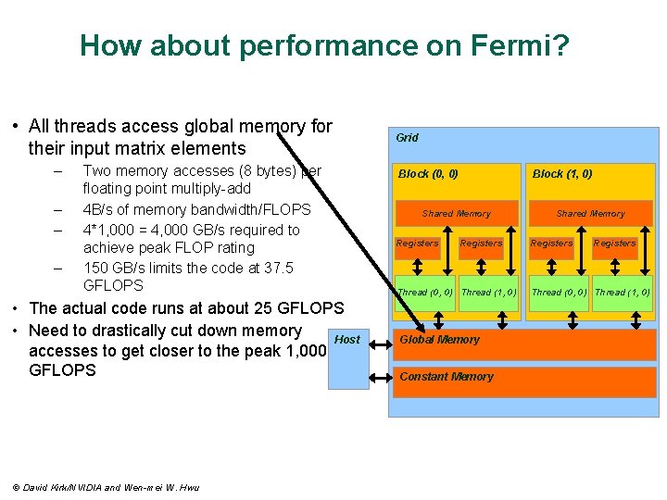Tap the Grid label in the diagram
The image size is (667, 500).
tap(407, 138)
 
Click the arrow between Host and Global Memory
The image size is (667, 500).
tap(380, 341)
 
